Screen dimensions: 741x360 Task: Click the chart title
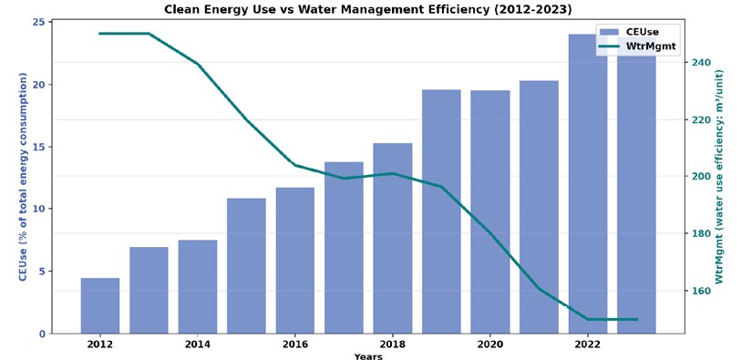pos(368,9)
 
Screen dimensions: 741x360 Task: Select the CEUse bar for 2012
pos(100,305)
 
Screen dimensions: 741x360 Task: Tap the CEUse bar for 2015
pos(246,266)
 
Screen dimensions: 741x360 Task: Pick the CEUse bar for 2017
pos(344,248)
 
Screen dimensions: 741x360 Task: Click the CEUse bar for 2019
pos(441,211)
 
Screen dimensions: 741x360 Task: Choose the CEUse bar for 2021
pos(539,207)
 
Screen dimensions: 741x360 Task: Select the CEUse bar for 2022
pos(588,184)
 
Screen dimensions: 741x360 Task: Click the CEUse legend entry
pos(629,32)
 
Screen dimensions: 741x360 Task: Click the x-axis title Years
pos(368,356)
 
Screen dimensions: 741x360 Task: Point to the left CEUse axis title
pos(23,177)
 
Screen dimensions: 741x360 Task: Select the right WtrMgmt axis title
pos(720,177)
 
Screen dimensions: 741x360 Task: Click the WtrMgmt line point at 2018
pos(392,173)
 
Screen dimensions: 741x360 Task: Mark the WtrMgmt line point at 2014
pos(198,64)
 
